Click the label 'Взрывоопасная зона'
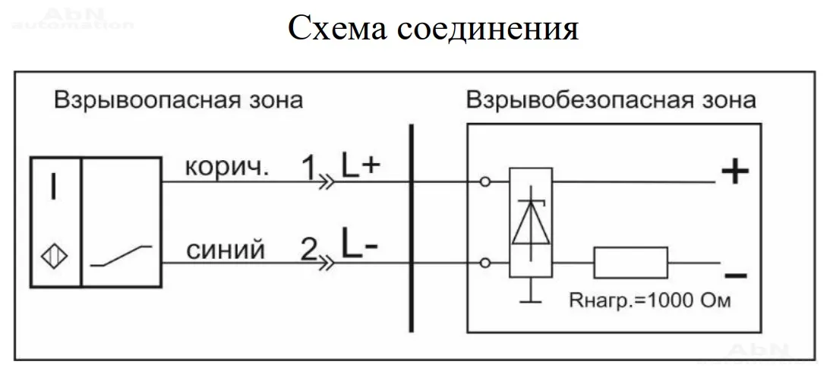[178, 100]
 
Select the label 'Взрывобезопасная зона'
[611, 100]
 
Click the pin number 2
[308, 249]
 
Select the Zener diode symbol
[531, 222]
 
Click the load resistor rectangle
[631, 263]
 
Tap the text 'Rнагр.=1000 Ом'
[650, 300]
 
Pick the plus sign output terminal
[734, 173]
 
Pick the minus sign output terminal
[734, 275]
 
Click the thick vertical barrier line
[411, 228]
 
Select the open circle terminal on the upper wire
[484, 182]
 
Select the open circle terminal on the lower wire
[484, 263]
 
